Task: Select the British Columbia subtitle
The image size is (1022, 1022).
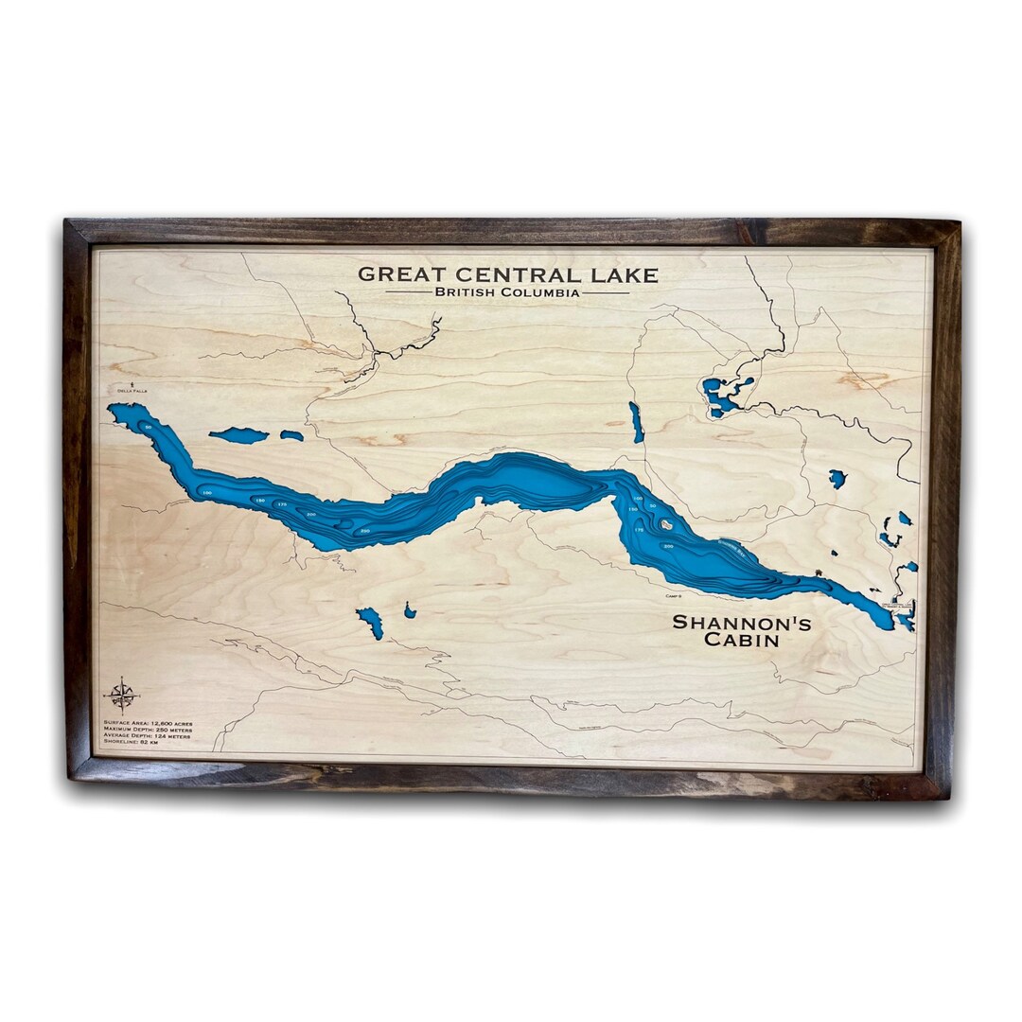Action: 507,293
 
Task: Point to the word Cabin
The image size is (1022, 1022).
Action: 742,641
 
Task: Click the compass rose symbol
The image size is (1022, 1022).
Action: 121,695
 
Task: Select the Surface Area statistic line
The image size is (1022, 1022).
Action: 147,722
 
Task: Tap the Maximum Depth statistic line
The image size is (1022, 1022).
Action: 148,730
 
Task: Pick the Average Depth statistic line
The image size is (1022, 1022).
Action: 148,737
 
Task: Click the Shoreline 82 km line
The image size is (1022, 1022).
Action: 133,745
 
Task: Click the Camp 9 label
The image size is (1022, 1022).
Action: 674,596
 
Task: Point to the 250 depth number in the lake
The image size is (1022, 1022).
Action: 365,532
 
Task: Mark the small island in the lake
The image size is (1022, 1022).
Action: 666,524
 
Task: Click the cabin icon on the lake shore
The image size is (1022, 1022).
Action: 819,574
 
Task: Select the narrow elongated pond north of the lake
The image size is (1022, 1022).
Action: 636,421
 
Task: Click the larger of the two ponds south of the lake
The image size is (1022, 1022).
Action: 370,622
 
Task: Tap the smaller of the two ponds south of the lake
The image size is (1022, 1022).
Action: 409,611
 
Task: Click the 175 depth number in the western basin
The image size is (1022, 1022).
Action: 280,505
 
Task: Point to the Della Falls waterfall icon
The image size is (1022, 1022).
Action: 132,381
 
